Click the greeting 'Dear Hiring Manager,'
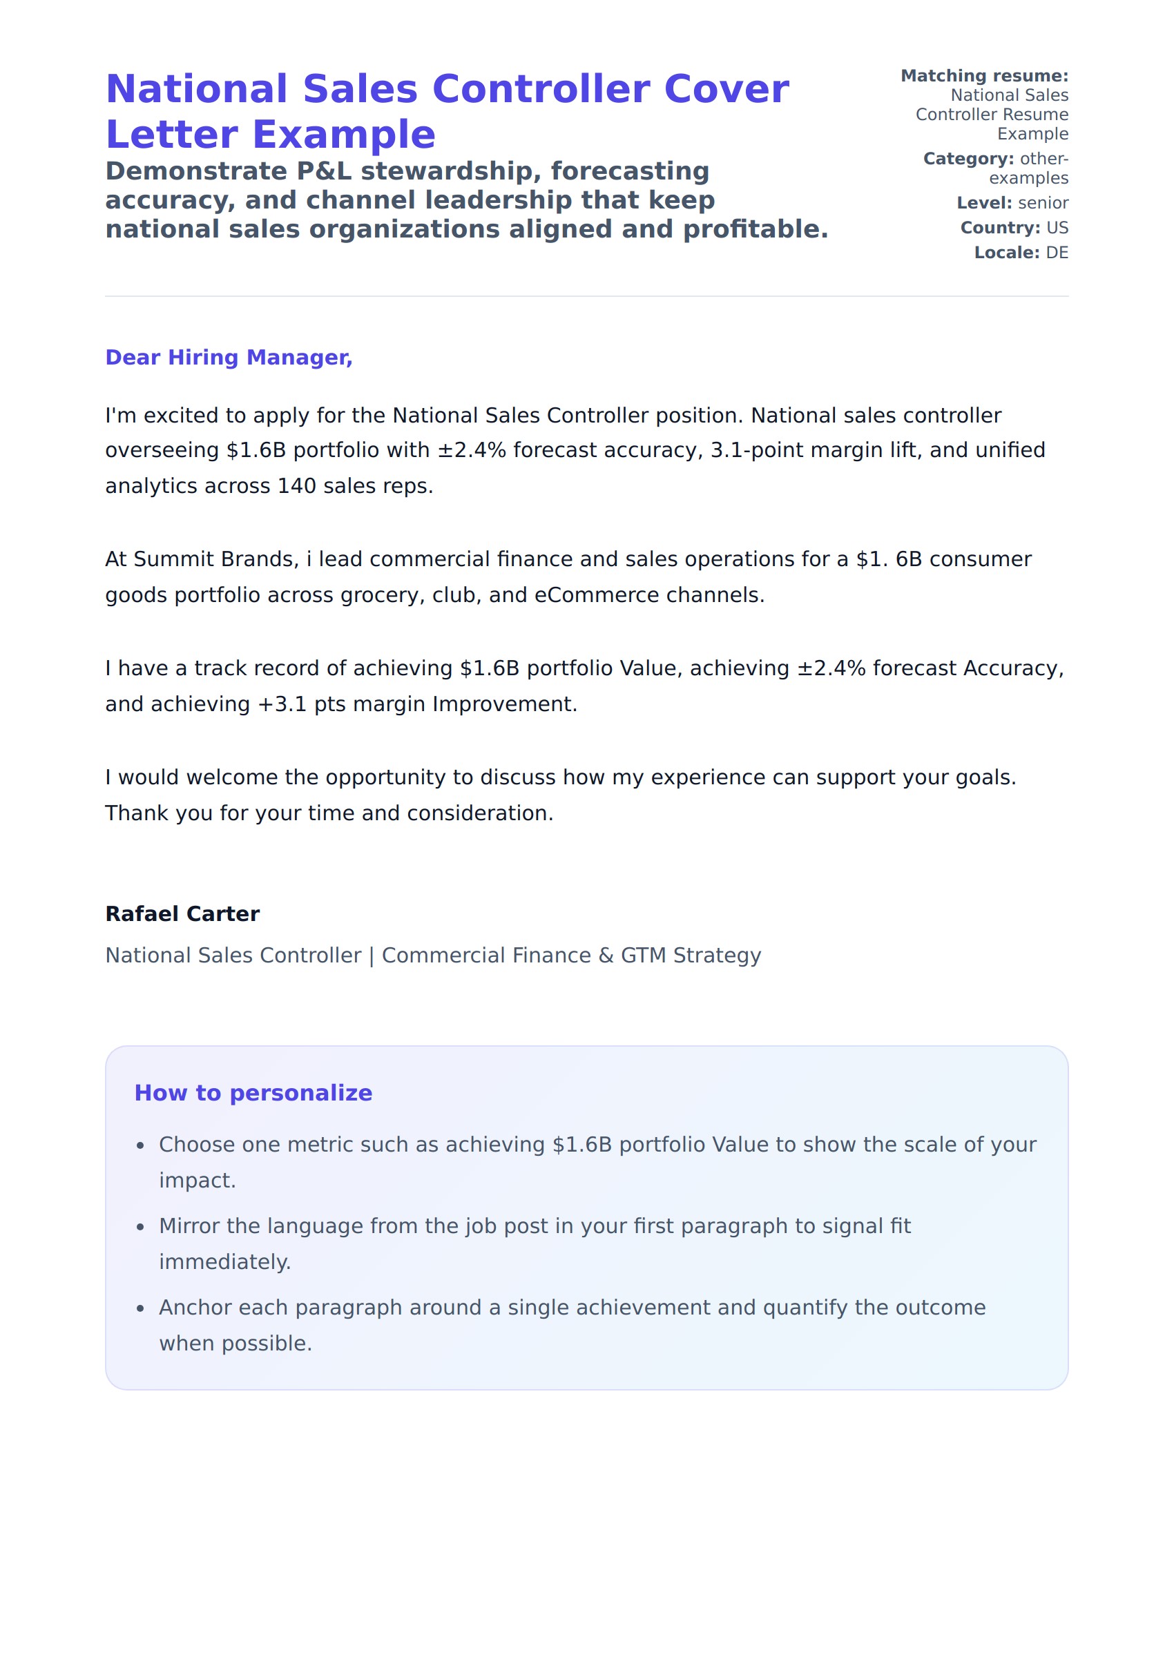coord(229,358)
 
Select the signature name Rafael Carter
coord(182,914)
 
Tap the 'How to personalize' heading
coord(253,1094)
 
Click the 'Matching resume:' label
coord(984,76)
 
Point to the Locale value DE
coord(1057,253)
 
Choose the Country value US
coord(1057,229)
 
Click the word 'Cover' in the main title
coord(726,90)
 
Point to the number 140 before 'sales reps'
coord(296,486)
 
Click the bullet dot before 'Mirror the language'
coord(141,1228)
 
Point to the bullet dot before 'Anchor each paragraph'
coord(141,1310)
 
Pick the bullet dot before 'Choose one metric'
coord(141,1146)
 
